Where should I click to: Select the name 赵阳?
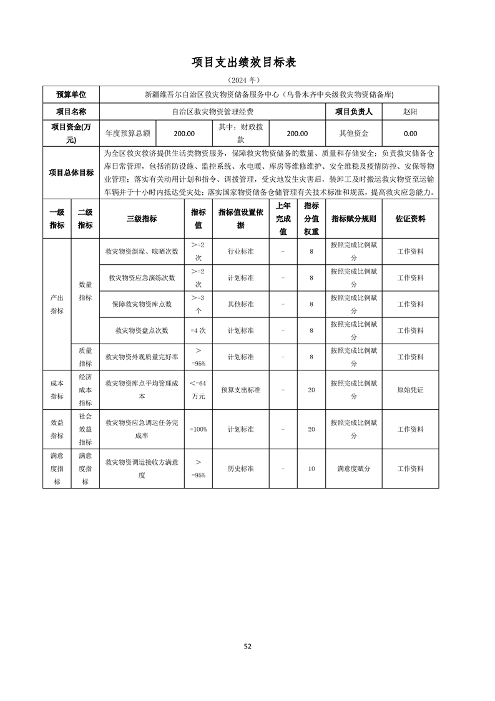coord(410,111)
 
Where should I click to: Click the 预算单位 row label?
coord(71,94)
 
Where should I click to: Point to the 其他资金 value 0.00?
coord(410,133)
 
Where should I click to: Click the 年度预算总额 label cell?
coord(127,133)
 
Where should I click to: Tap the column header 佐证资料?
coord(410,219)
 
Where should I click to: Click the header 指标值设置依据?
coord(240,219)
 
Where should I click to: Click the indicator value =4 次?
coord(198,330)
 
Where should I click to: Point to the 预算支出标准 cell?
coord(240,389)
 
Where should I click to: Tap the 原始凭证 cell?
coord(410,389)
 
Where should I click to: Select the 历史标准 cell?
coord(240,468)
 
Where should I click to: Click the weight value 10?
coord(311,468)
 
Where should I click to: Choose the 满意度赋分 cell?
coord(354,468)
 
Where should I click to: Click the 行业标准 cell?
coord(240,251)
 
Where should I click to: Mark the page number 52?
coord(247,646)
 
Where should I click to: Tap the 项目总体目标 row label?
coord(71,173)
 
